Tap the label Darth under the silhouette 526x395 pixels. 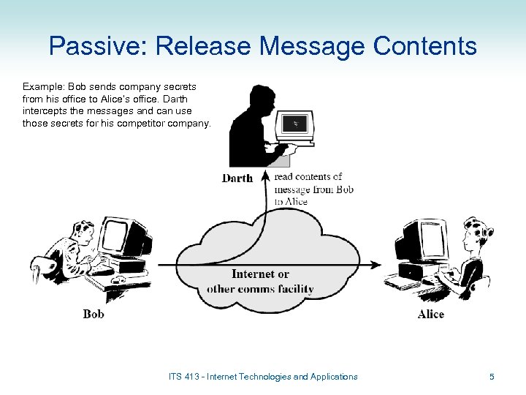pyautogui.click(x=237, y=178)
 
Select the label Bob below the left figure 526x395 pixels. pyautogui.click(x=94, y=314)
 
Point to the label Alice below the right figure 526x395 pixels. pyautogui.click(x=431, y=314)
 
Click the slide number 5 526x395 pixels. pyautogui.click(x=492, y=377)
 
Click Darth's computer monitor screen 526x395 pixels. pyautogui.click(x=296, y=125)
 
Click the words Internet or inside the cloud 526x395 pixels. pyautogui.click(x=260, y=274)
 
